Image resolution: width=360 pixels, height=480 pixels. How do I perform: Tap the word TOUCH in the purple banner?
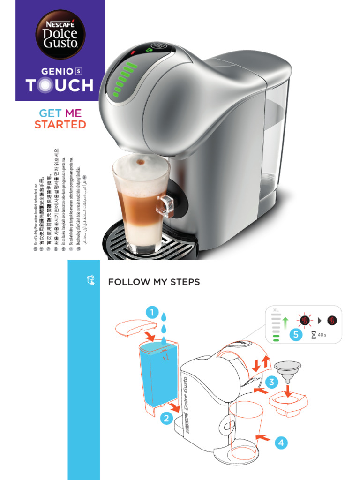click(x=60, y=85)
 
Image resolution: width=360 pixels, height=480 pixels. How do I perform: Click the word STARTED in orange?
click(x=60, y=125)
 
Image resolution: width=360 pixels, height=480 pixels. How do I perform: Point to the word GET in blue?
click(x=50, y=113)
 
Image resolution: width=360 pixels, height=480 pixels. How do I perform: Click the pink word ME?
click(x=73, y=113)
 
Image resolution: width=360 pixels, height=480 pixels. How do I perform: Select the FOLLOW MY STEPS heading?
click(x=154, y=282)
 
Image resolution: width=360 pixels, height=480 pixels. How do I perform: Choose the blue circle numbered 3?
click(x=271, y=382)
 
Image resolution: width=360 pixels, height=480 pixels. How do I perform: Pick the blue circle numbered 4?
click(x=280, y=442)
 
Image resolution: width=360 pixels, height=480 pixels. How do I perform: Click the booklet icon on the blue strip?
click(x=91, y=280)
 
